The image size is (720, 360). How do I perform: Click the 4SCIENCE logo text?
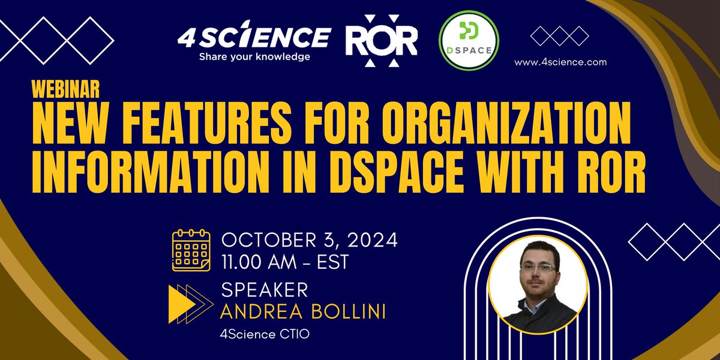click(253, 37)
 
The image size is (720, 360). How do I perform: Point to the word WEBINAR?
click(65, 89)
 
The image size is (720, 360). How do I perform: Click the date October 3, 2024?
click(310, 241)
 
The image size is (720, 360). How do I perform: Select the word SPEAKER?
click(265, 290)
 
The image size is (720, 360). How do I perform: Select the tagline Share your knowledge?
click(255, 57)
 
